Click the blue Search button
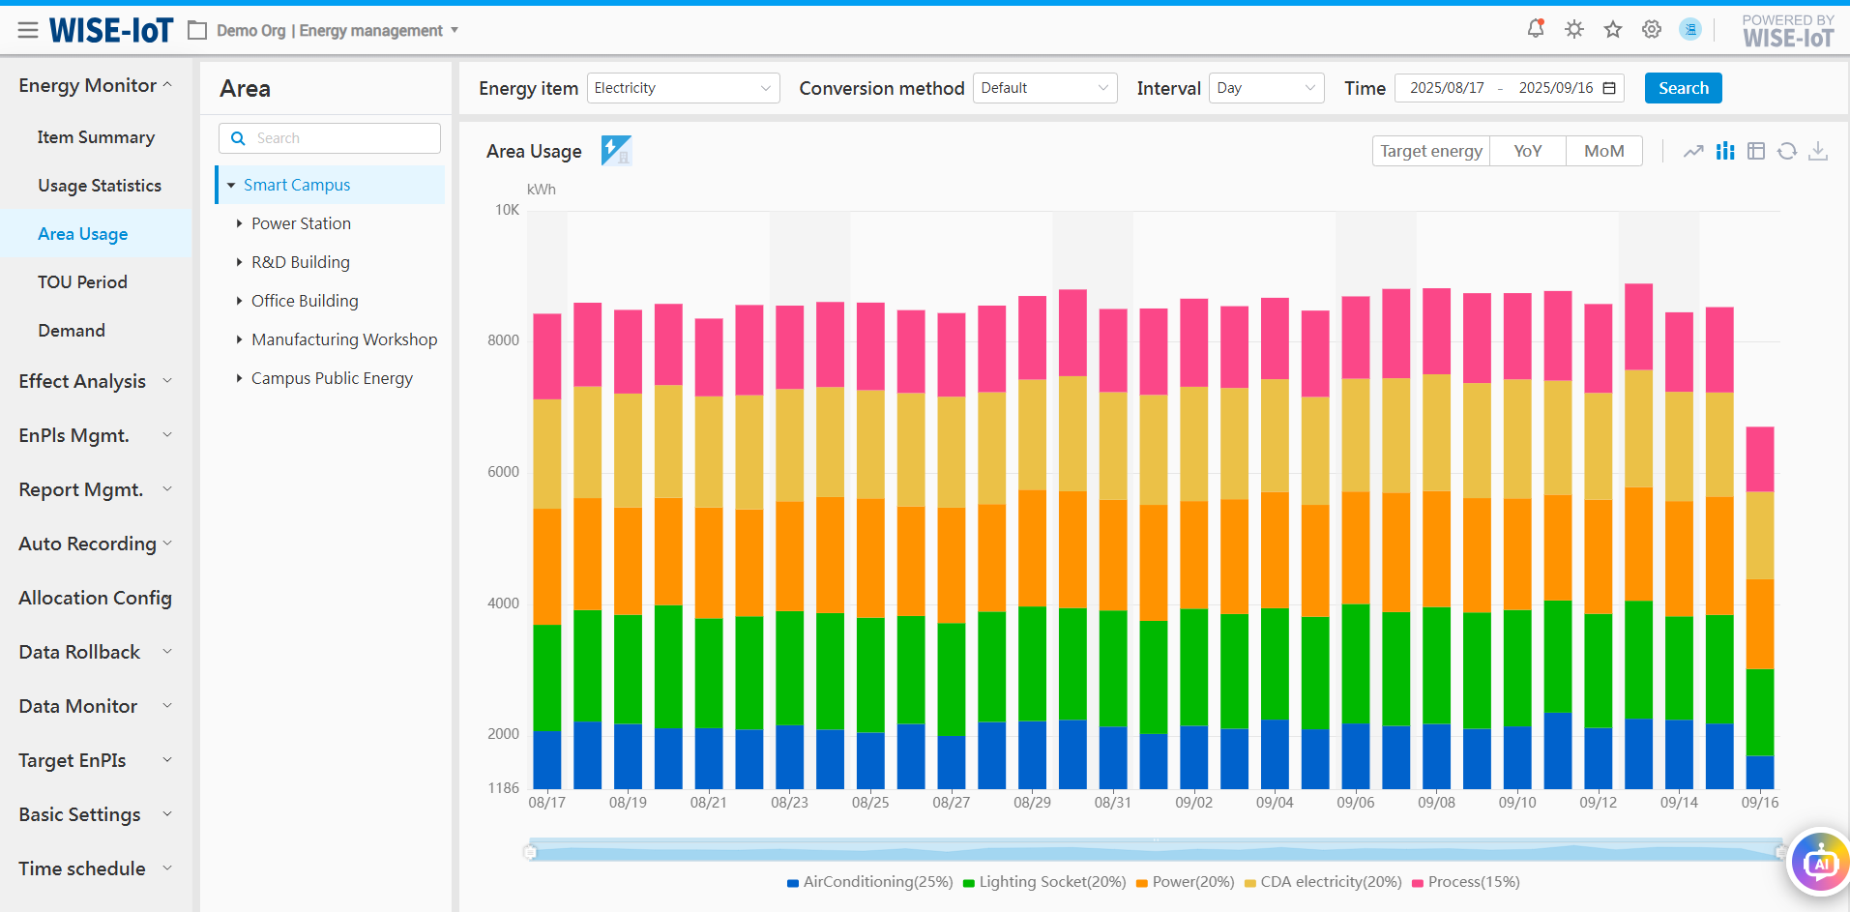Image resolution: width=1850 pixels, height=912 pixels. [x=1683, y=88]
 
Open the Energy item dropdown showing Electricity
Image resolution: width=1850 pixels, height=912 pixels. [x=683, y=88]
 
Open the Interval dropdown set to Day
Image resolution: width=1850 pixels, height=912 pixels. [x=1266, y=88]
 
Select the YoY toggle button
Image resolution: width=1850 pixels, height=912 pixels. [x=1527, y=151]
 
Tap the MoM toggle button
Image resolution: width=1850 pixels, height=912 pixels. [x=1603, y=151]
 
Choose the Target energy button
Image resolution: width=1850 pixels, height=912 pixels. [x=1431, y=151]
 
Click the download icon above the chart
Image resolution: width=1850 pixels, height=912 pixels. [x=1818, y=151]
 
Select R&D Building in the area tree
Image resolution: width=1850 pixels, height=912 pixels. [x=301, y=262]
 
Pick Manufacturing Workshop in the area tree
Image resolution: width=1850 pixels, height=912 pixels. [x=344, y=339]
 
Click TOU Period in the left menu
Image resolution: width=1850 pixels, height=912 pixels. [x=82, y=282]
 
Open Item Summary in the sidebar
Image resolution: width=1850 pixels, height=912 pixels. [x=96, y=137]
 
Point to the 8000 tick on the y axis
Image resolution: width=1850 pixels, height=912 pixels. [x=503, y=340]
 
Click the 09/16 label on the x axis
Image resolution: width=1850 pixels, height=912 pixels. [x=1760, y=803]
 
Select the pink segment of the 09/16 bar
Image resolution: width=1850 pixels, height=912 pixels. [x=1760, y=459]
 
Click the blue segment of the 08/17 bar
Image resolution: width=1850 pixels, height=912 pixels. [x=547, y=759]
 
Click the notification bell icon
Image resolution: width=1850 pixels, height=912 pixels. [x=1536, y=29]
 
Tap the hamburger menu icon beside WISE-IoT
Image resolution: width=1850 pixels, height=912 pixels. [x=28, y=31]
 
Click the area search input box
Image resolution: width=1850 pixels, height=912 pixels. [x=330, y=138]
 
